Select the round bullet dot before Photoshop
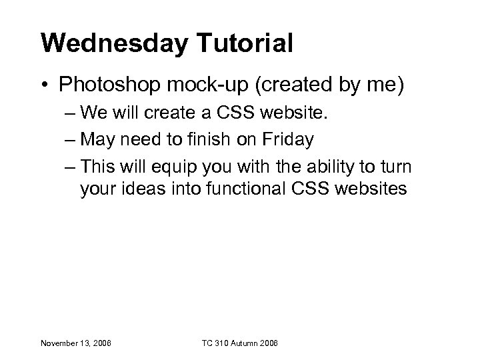(45, 86)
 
